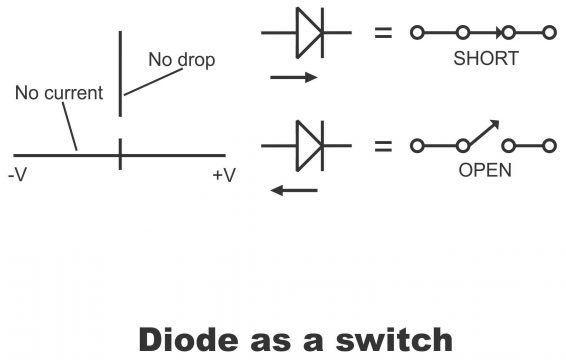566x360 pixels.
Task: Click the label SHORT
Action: pyautogui.click(x=485, y=59)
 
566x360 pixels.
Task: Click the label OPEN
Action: pyautogui.click(x=485, y=170)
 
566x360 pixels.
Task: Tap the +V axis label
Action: pyautogui.click(x=224, y=177)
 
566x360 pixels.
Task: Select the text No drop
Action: pyautogui.click(x=181, y=61)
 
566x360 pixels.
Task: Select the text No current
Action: pyautogui.click(x=59, y=94)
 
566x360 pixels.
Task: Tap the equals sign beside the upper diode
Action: pyautogui.click(x=382, y=34)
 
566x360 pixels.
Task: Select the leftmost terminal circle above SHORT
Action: pyautogui.click(x=417, y=34)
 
